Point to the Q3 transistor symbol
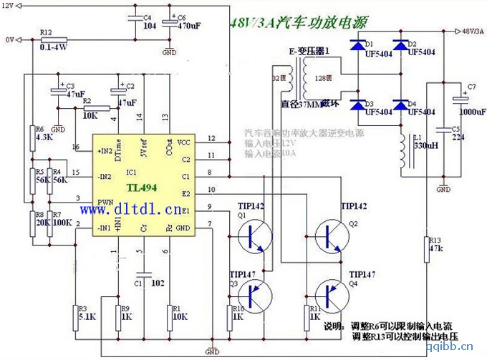[x=254, y=294]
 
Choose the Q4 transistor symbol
[x=330, y=294]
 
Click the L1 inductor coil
[x=401, y=151]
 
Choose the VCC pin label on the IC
[x=184, y=142]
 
